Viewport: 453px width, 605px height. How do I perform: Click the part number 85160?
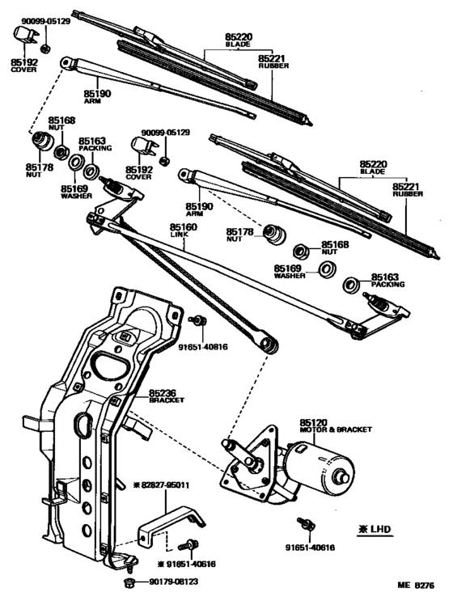pos(183,228)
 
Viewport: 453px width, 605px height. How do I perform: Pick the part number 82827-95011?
pos(166,485)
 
